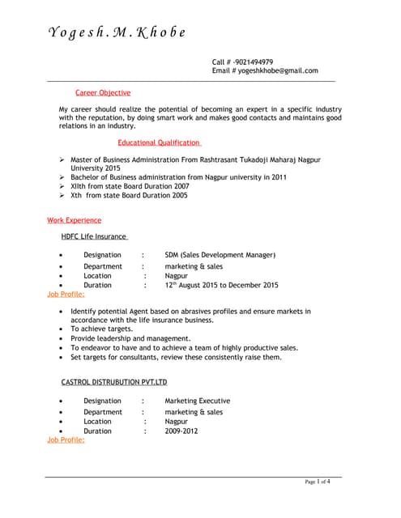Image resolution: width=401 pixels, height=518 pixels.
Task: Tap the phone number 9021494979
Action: pyautogui.click(x=254, y=62)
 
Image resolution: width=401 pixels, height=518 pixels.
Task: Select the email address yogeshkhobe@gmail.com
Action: pyautogui.click(x=277, y=71)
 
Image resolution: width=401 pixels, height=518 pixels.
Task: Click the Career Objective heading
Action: pyautogui.click(x=102, y=93)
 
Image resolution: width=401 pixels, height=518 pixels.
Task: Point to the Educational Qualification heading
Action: pyautogui.click(x=160, y=142)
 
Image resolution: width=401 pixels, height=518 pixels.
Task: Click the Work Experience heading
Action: pyautogui.click(x=75, y=220)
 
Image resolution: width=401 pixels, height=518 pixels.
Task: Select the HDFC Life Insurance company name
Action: pyautogui.click(x=94, y=236)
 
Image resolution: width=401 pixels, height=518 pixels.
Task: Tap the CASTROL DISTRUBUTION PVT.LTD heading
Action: pyautogui.click(x=113, y=382)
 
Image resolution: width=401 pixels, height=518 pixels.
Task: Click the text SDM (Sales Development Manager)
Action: pyautogui.click(x=220, y=255)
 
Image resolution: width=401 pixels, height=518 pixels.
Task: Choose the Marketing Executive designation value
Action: pyautogui.click(x=197, y=401)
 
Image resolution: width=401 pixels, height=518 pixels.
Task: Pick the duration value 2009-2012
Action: pyautogui.click(x=181, y=431)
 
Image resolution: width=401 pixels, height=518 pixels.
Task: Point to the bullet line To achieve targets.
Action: pyautogui.click(x=100, y=329)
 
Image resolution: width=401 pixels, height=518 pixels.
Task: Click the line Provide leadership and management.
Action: pyautogui.click(x=130, y=339)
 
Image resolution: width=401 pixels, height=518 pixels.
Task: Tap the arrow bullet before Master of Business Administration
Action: pyautogui.click(x=62, y=160)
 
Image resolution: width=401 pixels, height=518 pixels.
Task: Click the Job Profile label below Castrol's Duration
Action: pyautogui.click(x=66, y=440)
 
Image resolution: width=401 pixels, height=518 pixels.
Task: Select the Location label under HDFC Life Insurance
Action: pyautogui.click(x=97, y=275)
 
